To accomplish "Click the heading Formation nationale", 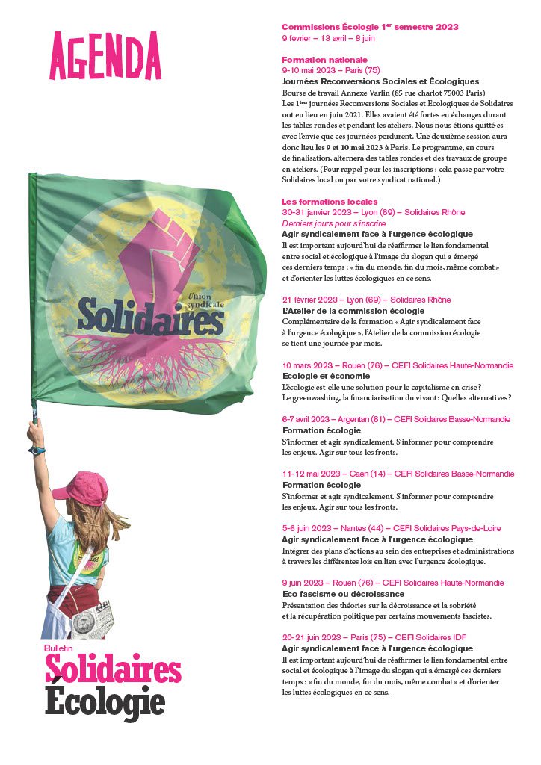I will [324, 59].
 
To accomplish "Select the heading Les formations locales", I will [329, 202].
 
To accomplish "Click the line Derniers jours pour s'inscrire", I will [333, 223].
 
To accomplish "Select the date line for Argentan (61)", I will [396, 419].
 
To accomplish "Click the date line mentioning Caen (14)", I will [398, 474].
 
